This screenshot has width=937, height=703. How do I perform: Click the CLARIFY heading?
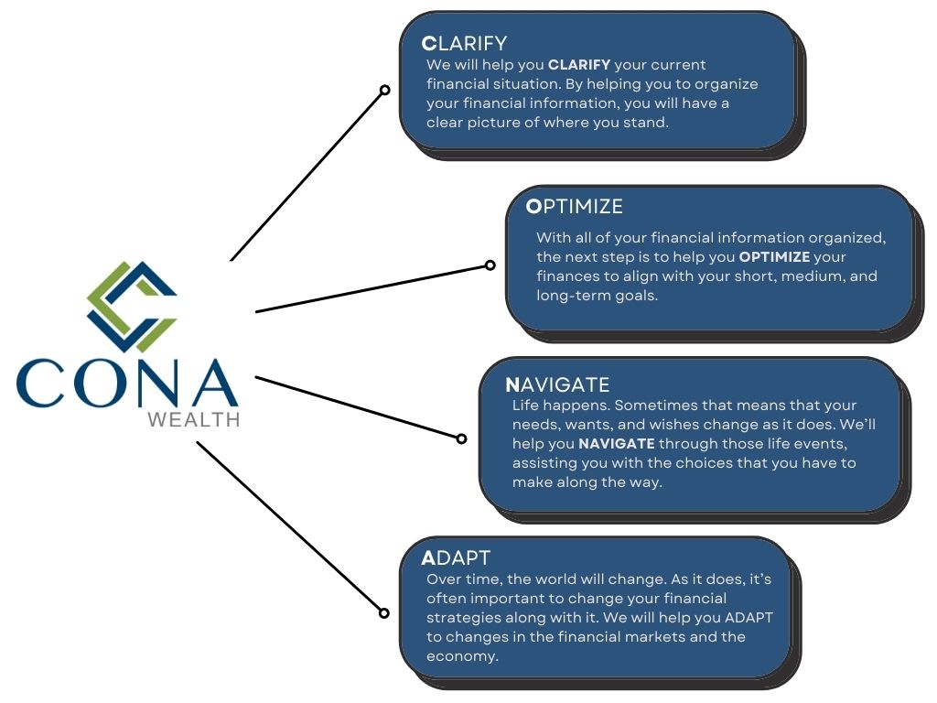point(464,43)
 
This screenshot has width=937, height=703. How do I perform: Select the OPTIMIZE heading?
point(575,206)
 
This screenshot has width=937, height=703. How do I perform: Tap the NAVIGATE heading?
point(557,384)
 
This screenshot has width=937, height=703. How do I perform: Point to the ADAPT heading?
point(456,557)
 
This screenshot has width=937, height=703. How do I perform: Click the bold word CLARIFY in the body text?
point(579,65)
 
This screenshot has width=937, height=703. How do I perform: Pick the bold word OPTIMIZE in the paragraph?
point(774,257)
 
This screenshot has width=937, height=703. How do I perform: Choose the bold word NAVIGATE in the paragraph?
point(617,444)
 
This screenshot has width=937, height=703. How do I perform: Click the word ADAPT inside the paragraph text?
point(749,618)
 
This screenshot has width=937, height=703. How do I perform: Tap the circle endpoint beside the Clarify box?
point(385,90)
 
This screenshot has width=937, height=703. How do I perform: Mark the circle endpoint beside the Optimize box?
point(490,265)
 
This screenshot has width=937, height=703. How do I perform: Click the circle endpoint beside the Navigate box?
point(461,438)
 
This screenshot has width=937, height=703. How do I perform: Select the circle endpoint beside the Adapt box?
point(384,612)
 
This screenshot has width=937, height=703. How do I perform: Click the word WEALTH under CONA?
point(194,419)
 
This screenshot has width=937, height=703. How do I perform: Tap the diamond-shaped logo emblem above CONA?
point(132,307)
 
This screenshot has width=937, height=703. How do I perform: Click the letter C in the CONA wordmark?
point(40,383)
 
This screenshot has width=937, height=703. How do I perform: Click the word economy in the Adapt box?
point(462,656)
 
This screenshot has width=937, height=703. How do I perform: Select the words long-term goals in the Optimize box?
point(597,296)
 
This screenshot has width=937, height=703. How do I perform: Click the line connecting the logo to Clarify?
point(307,176)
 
